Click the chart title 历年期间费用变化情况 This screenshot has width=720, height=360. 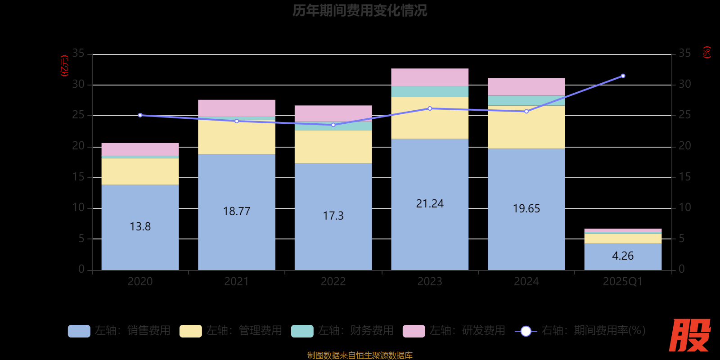tap(360, 10)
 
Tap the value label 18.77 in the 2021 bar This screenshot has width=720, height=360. tap(237, 211)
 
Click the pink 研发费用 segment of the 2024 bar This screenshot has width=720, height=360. tap(526, 86)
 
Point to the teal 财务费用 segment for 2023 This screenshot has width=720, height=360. tap(430, 91)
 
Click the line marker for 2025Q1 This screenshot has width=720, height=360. tap(623, 76)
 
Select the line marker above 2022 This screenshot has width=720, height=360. tap(333, 125)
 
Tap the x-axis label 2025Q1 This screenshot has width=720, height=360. tap(623, 282)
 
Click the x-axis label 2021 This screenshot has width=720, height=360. tap(237, 282)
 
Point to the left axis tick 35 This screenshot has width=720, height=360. tap(78, 54)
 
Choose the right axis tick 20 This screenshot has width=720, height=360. tap(684, 146)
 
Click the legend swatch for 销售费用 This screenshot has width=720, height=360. tap(79, 331)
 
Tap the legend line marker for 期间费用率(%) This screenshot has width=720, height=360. tap(526, 331)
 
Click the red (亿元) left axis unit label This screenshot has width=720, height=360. tap(64, 66)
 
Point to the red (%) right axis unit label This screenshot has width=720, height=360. tap(706, 52)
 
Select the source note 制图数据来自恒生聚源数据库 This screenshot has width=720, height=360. tap(360, 355)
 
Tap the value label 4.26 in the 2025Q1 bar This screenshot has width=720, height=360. tap(623, 256)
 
